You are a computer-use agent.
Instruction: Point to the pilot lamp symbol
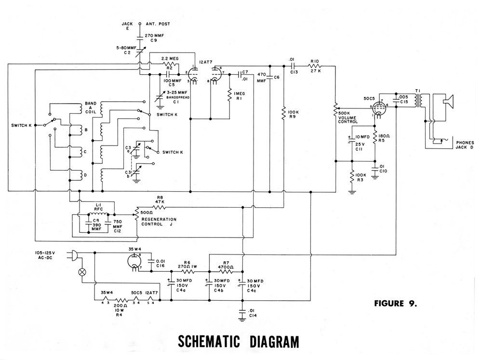(82, 272)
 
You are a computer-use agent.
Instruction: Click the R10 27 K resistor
(316, 66)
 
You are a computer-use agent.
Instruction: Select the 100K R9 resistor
(284, 113)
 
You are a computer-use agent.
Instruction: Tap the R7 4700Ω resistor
(226, 271)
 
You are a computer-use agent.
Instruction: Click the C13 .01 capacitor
(293, 66)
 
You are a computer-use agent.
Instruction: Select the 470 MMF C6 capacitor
(269, 78)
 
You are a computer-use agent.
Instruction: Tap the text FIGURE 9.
(395, 304)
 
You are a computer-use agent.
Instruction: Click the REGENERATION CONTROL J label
(157, 221)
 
